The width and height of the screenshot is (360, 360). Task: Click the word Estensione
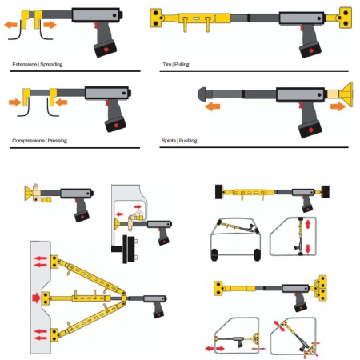tap(25, 65)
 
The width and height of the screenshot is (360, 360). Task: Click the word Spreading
tap(51, 65)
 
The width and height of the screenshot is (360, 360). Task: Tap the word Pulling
tap(182, 65)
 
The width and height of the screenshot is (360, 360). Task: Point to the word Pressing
tap(58, 141)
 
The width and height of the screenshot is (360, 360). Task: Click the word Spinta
tap(169, 141)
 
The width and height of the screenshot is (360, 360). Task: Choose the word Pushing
tap(188, 141)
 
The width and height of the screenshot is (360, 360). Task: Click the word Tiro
tap(167, 65)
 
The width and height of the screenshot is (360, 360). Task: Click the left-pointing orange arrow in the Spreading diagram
tap(10, 25)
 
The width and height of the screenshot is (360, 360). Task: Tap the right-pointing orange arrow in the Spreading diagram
tap(50, 25)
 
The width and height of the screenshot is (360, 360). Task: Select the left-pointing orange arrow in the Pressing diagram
tap(62, 102)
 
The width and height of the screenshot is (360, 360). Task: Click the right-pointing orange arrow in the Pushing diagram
tap(338, 106)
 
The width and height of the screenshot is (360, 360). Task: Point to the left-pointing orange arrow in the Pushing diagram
tap(213, 106)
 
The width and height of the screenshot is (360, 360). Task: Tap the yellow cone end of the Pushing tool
tap(346, 94)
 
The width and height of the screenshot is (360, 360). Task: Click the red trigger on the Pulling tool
tap(302, 28)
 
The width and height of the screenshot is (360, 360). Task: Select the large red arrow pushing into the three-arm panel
tap(36, 298)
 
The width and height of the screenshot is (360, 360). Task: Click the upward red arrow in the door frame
tap(308, 224)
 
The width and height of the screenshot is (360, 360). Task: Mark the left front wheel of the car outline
tap(214, 254)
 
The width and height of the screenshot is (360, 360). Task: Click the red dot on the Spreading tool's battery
tap(106, 50)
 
